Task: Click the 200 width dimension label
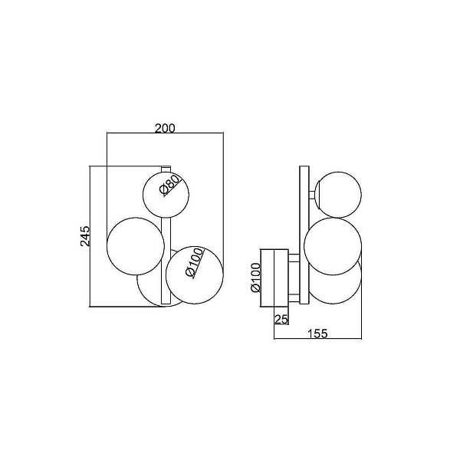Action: (x=165, y=128)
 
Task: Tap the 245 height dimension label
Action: (x=85, y=236)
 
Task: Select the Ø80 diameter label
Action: (x=169, y=185)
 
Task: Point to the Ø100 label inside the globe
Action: (x=195, y=262)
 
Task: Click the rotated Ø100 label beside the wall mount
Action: (x=255, y=278)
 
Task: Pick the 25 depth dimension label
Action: (x=281, y=319)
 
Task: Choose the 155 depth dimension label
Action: (x=317, y=333)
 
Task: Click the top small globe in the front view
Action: (x=166, y=195)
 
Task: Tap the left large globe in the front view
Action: (x=136, y=246)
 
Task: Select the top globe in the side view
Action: (x=338, y=195)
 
